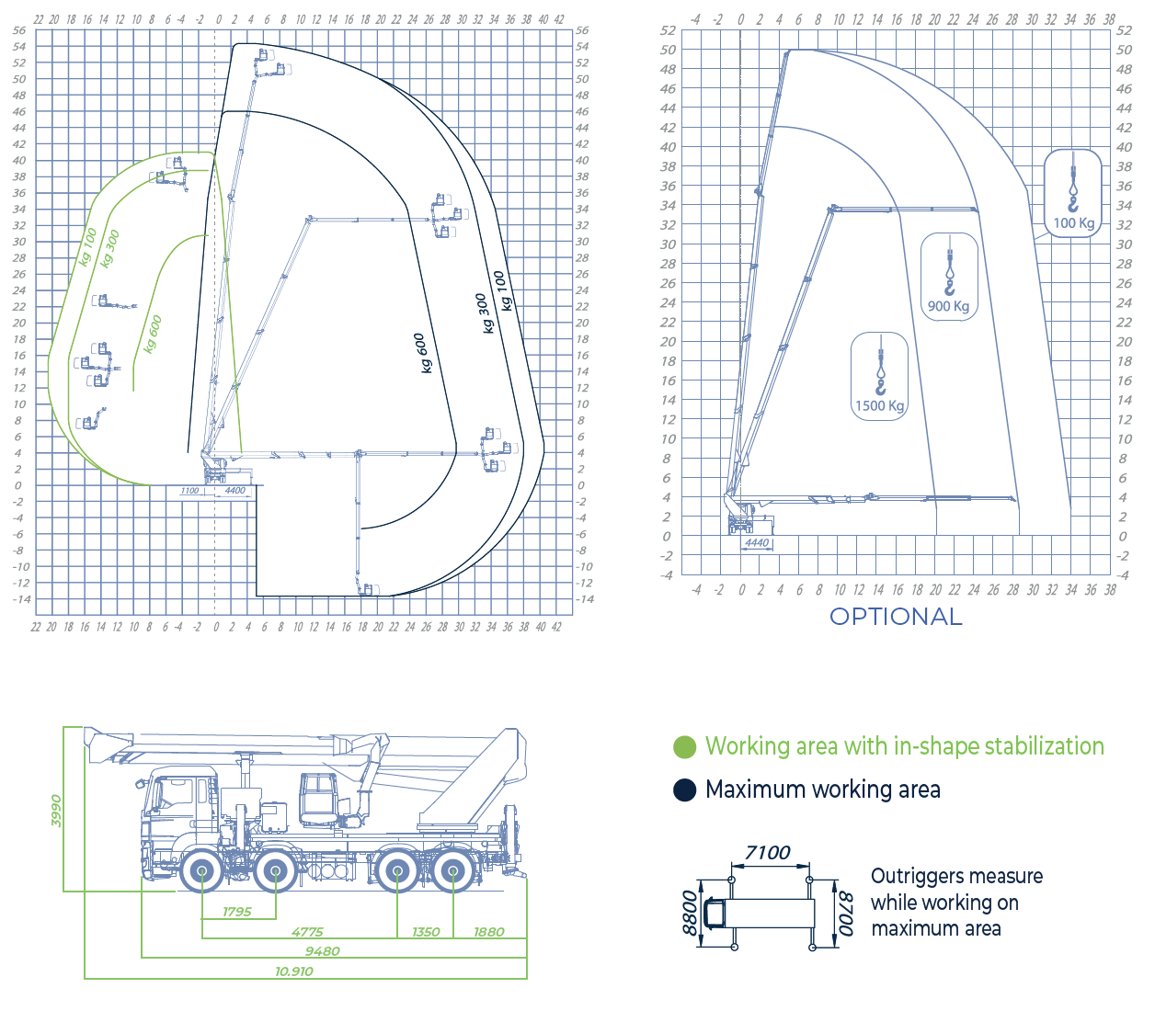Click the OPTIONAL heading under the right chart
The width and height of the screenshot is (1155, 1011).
click(x=896, y=617)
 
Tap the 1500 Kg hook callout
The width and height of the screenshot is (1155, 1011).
click(x=880, y=377)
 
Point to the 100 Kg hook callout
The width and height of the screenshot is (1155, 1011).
click(x=1073, y=194)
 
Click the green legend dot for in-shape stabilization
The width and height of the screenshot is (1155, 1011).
click(x=685, y=747)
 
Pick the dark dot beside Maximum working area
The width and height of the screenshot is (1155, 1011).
click(x=685, y=790)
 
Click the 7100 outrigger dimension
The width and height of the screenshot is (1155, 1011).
click(x=768, y=853)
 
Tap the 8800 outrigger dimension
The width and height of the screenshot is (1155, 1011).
click(x=690, y=912)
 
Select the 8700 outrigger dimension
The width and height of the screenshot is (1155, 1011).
click(x=847, y=914)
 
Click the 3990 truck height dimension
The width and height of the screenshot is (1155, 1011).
click(x=56, y=811)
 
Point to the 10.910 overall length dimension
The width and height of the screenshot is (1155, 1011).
click(x=294, y=971)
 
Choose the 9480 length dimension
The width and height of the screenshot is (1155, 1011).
click(x=323, y=951)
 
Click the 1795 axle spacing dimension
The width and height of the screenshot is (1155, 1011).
click(x=237, y=912)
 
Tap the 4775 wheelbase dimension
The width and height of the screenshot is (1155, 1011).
click(x=307, y=932)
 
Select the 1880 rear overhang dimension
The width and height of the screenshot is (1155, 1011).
click(x=489, y=932)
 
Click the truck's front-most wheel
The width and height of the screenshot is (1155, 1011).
click(x=201, y=870)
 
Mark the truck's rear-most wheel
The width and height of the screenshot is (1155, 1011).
click(x=453, y=870)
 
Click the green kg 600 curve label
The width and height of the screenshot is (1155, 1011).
click(x=153, y=334)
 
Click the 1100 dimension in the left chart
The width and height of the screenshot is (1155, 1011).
click(x=189, y=491)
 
